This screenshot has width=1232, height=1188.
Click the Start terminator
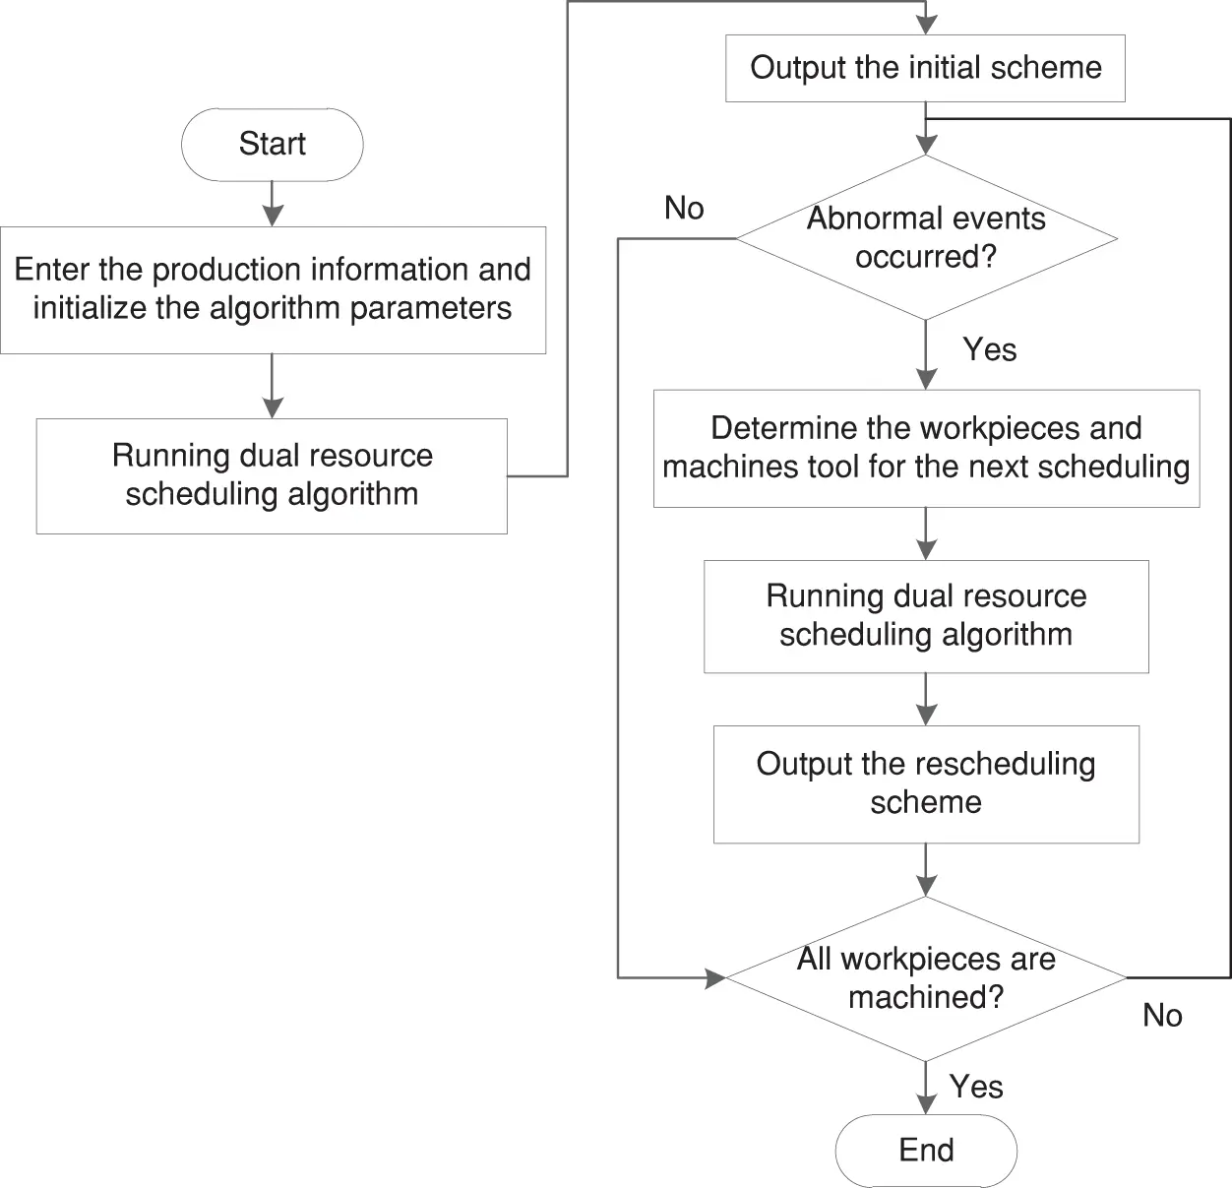coord(272,145)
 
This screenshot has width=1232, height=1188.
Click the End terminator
coord(925,1150)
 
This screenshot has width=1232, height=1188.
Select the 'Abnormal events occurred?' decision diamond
coord(926,237)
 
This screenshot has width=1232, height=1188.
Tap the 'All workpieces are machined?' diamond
coord(926,977)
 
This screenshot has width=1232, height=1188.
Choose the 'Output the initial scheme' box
coord(925,68)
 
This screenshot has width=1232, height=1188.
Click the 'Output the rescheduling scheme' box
coord(926,783)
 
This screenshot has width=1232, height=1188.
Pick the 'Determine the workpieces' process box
coord(926,448)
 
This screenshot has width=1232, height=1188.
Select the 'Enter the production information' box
coord(273,289)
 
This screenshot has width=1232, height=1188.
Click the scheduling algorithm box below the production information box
coord(272,475)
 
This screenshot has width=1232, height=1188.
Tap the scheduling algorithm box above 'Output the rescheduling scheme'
coord(926,616)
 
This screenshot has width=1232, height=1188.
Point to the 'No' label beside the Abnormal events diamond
coord(684,209)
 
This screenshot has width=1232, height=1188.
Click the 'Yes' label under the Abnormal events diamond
coord(989,350)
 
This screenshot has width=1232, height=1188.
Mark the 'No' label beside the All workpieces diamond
coord(1162,1016)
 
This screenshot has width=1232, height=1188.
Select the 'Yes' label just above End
coord(976,1087)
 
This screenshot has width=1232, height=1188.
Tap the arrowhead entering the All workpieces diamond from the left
coord(715,977)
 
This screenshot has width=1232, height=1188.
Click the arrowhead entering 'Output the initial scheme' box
coord(926,25)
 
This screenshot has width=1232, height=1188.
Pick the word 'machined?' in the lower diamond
coord(926,997)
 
